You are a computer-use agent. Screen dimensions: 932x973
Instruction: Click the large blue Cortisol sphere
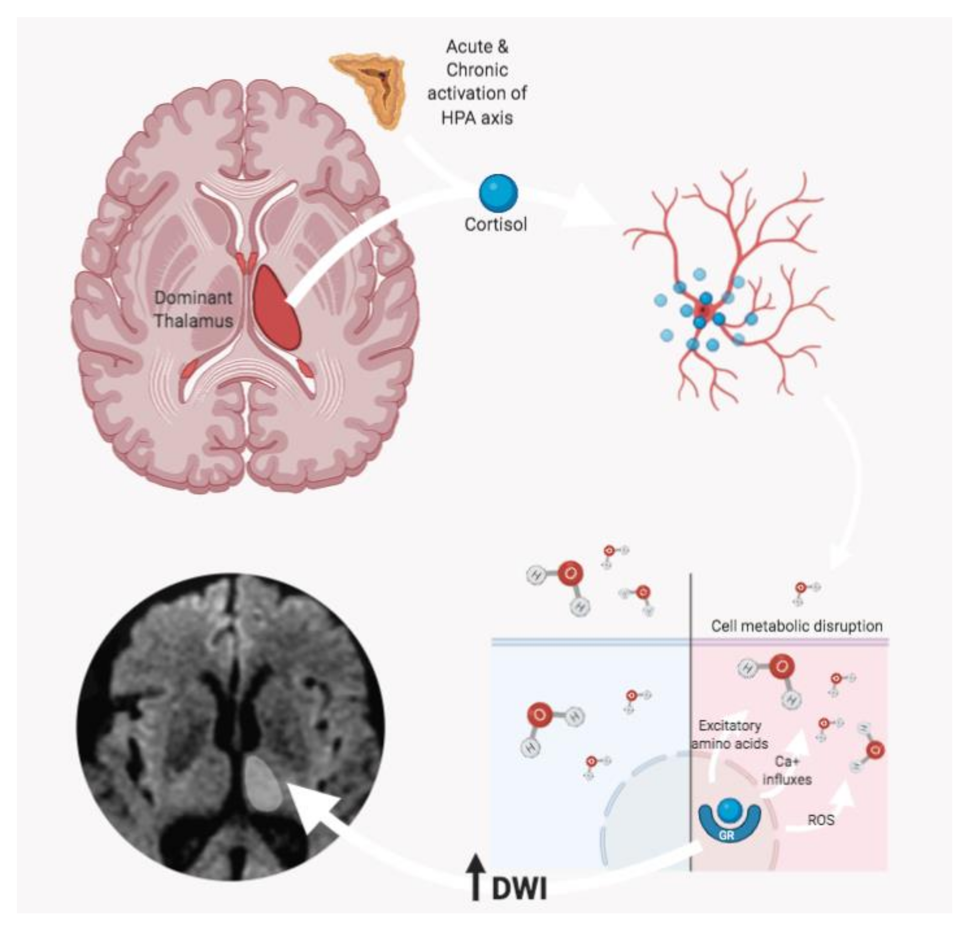coord(498,194)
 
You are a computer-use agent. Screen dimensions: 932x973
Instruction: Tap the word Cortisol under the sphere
coord(495,225)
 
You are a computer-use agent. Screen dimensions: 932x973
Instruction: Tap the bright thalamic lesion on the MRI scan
coord(265,783)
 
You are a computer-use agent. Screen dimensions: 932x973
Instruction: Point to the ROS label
coord(821,820)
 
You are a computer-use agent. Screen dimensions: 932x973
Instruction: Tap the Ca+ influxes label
coord(787,770)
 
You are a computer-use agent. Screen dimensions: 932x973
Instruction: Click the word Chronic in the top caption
coord(476,70)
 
